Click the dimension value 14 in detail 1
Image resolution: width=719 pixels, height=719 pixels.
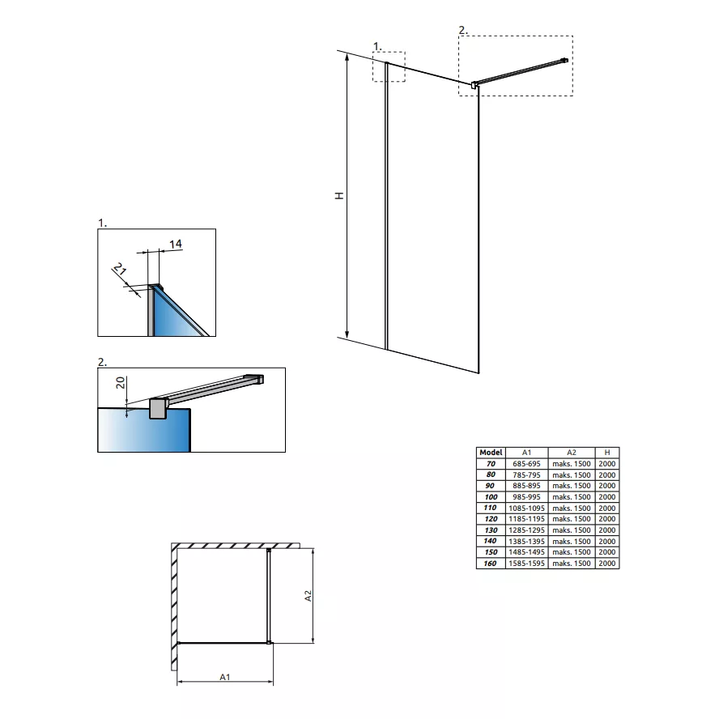click(176, 244)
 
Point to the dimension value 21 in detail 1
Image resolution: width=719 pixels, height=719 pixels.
click(120, 268)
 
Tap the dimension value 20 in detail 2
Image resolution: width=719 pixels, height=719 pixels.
click(120, 382)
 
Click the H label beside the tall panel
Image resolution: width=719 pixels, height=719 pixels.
click(339, 196)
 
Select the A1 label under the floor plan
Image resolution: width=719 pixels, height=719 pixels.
click(225, 677)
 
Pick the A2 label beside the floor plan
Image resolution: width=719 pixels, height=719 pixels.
click(308, 596)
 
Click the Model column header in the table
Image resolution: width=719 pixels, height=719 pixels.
click(491, 452)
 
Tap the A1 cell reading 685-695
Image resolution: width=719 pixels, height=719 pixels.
click(526, 464)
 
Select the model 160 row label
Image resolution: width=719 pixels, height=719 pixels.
click(490, 563)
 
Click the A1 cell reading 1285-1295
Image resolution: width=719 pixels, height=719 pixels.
click(526, 530)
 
